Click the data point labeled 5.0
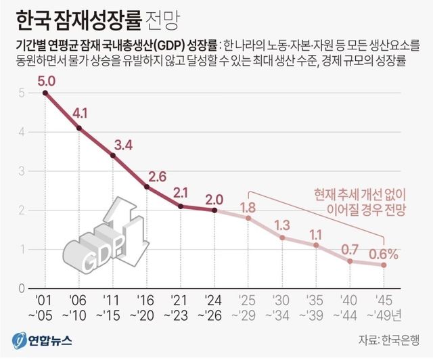point(45,92)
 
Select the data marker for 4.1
point(79,127)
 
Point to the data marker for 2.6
point(147,186)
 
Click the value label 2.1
point(180,192)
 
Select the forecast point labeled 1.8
point(248,218)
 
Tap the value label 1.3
point(282,225)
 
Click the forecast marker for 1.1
point(316,244)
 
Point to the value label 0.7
point(350,249)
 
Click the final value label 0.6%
point(383,254)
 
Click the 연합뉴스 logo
point(42,340)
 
